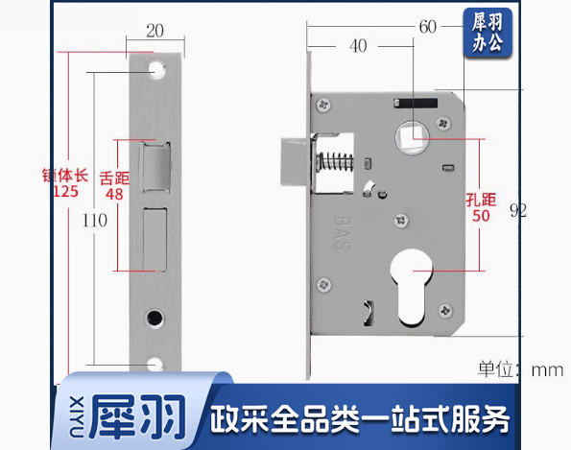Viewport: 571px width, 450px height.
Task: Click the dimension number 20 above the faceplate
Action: point(155,31)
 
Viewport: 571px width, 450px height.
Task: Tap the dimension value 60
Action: point(427,27)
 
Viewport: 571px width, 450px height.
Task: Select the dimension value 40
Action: point(358,46)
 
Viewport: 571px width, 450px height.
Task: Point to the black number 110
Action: point(95,221)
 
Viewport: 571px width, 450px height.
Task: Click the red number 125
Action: point(65,191)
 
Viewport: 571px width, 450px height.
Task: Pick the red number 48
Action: point(114,194)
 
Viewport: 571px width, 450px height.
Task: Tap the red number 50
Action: point(481,216)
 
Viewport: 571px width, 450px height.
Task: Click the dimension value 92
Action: point(518,210)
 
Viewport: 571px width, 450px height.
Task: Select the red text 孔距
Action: point(481,200)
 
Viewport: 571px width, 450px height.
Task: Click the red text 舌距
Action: point(114,178)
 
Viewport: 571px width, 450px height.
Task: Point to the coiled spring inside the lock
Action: point(334,161)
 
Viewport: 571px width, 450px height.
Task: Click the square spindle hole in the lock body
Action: point(412,137)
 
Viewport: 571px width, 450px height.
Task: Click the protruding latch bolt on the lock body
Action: point(296,161)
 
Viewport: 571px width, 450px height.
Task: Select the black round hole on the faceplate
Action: point(155,318)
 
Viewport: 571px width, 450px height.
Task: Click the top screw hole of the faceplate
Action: point(156,69)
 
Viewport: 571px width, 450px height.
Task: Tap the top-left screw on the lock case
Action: point(323,106)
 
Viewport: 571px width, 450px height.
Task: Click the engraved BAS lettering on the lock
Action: point(343,234)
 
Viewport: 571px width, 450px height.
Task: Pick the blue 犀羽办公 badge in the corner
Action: point(488,33)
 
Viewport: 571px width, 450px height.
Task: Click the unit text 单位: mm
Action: point(521,369)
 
